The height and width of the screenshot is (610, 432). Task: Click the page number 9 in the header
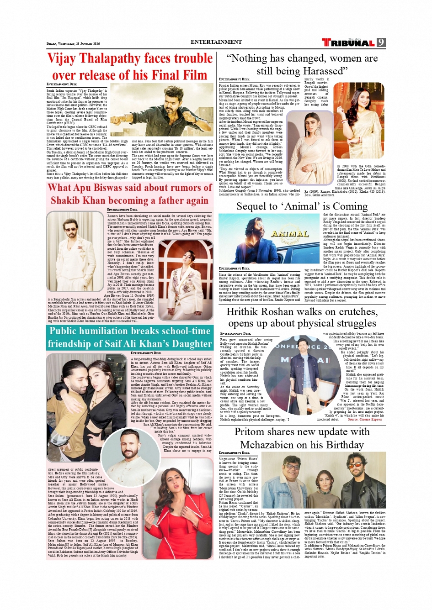point(381,42)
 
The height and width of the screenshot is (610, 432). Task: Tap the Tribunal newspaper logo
point(348,43)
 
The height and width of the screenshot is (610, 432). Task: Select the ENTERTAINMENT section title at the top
point(216,42)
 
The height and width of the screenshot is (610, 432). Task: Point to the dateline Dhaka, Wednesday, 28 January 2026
point(73,44)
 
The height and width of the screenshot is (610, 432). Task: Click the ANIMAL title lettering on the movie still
point(290,234)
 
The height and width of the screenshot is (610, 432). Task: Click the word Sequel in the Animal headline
point(251,206)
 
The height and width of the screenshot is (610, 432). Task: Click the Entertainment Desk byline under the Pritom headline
point(234,453)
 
